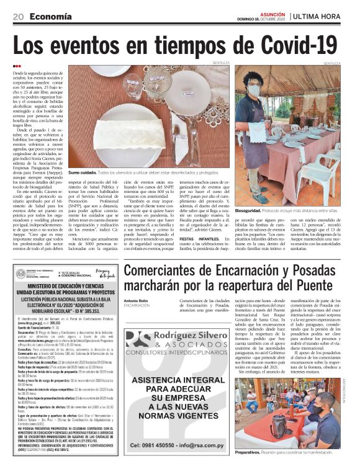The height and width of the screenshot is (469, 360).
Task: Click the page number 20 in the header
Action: [17, 16]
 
